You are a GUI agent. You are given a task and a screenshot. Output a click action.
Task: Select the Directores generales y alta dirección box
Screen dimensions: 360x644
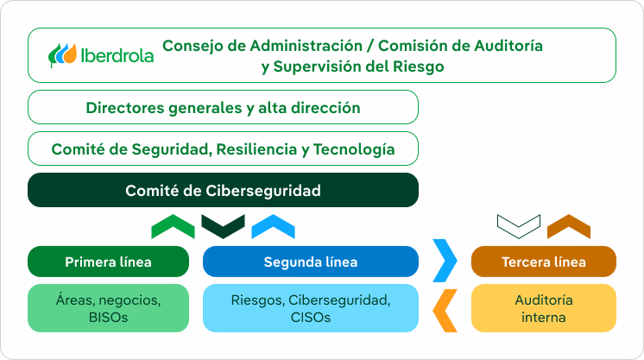coord(223,108)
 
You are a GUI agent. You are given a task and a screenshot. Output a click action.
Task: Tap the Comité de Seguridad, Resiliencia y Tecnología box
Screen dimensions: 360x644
coord(223,149)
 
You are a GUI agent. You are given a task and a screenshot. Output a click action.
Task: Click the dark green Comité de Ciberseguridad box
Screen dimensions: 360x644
coord(223,191)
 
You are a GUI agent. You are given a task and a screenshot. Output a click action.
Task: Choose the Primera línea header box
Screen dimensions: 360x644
coord(108,262)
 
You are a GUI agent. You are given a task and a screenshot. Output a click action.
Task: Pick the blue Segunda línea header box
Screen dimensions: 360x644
coord(310,262)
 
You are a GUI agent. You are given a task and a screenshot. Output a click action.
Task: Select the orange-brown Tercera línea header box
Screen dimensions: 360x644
coord(543,262)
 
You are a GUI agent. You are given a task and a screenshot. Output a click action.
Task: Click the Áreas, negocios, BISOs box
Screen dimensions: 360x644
coord(108,308)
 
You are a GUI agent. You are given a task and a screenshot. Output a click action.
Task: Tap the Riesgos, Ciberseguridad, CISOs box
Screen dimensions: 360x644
coord(310,308)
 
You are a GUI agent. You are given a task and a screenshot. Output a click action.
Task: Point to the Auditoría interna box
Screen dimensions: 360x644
coord(543,308)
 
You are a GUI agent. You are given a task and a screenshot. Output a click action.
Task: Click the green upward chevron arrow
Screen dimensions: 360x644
coord(173,227)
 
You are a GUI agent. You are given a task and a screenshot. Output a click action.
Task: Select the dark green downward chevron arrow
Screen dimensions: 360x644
coord(223,226)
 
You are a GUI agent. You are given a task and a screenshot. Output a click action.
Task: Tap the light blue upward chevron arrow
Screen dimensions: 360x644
coord(273,227)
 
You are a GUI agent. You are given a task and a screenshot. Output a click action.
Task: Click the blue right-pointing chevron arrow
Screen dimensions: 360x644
coord(445,261)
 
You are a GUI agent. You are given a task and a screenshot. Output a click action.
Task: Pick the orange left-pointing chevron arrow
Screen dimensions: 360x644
coord(445,309)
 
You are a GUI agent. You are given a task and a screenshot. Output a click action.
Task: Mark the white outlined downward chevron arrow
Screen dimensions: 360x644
coord(519,225)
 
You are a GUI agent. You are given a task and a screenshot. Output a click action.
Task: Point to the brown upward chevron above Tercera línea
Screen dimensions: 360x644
coord(569,227)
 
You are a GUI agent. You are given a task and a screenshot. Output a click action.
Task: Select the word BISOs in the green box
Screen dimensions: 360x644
coord(108,317)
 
